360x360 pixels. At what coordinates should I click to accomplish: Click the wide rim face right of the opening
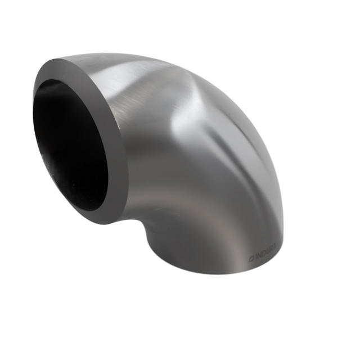115,146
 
